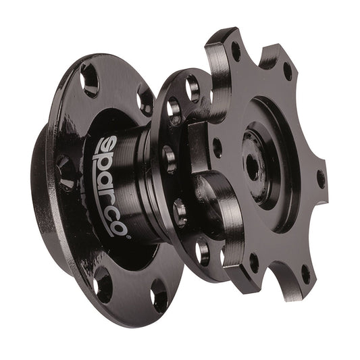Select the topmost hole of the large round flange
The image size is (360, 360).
(x=88, y=80)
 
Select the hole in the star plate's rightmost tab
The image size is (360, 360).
(x=319, y=178)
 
